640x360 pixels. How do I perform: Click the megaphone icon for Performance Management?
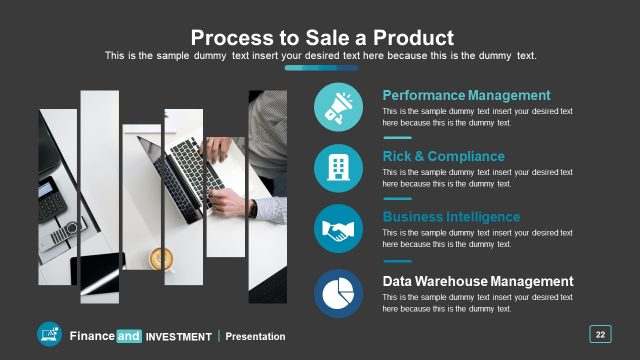338,107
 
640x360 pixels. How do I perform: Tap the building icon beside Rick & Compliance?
338,169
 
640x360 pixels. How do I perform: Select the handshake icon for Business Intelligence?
338,231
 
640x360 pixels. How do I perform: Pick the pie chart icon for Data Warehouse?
338,293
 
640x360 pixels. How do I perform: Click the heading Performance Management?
466,95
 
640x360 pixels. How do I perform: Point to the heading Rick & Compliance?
443,156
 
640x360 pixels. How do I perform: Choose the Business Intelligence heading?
451,217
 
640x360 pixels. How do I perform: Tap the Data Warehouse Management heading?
478,281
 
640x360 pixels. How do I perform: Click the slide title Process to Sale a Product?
322,37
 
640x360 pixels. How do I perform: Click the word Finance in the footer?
91,336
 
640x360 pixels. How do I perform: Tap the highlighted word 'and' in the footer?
129,336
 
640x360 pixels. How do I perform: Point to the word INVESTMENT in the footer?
179,337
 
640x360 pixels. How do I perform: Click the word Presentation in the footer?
255,337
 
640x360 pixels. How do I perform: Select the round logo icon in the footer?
50,335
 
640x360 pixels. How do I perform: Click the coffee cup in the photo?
161,259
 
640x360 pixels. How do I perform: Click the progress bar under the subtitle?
321,68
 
